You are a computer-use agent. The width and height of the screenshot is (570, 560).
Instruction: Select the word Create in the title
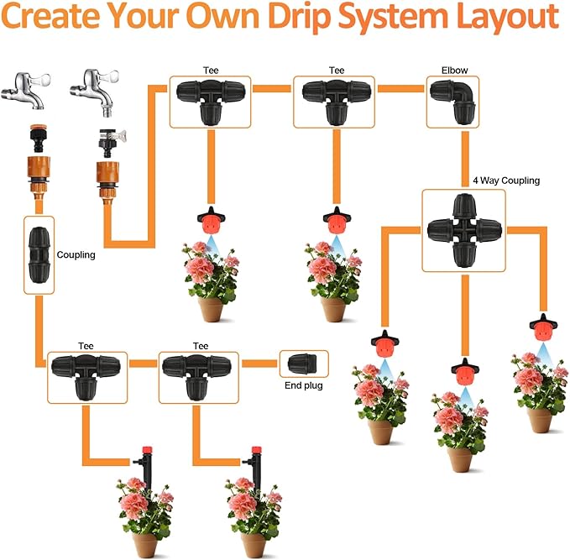60,17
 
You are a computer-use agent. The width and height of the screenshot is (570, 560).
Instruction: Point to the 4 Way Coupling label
505,180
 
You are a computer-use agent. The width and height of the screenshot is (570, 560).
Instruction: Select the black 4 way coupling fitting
463,229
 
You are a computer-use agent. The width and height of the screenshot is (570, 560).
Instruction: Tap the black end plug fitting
302,364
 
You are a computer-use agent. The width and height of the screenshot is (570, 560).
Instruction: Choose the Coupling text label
76,255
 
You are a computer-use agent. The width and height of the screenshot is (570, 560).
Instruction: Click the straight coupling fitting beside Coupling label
39,253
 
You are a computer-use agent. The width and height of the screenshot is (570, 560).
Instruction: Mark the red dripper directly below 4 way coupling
463,370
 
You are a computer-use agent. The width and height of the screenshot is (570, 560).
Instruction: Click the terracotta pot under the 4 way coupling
459,459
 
